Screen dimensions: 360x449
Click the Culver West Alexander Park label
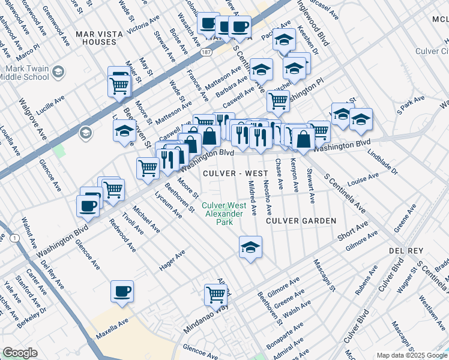(x=224, y=214)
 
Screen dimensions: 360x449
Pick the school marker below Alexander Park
(x=250, y=246)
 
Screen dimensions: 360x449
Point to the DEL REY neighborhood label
(x=406, y=250)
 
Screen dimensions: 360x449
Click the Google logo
(x=20, y=353)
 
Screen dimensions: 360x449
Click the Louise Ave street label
(x=366, y=178)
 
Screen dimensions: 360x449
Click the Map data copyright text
(x=411, y=355)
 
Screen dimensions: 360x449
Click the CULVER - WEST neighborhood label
(x=235, y=173)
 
